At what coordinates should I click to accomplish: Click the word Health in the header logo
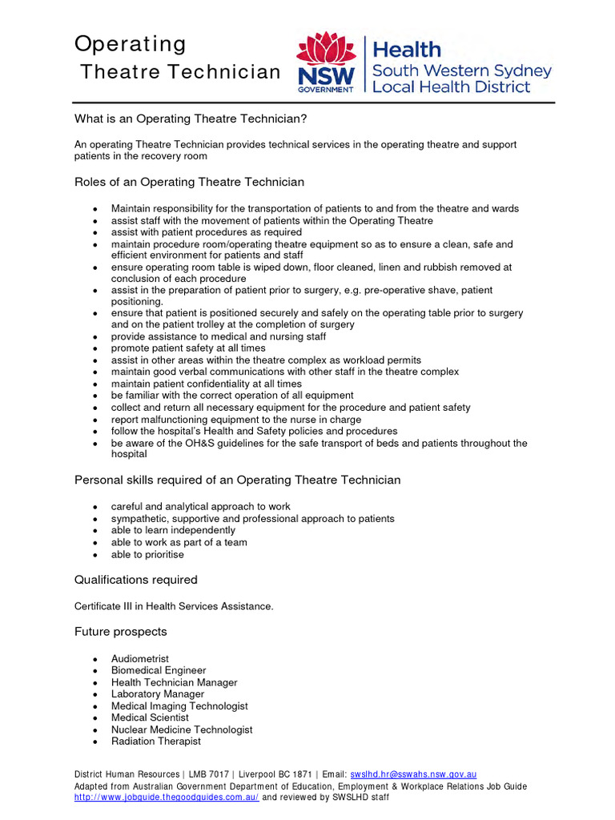[408, 50]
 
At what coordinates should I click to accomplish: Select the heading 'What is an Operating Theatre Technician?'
[191, 119]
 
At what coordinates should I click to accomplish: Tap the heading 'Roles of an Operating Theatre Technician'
[189, 182]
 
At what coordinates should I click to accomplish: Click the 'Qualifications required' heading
[135, 579]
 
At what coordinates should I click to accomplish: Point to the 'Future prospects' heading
[121, 631]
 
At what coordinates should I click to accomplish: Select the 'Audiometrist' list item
[140, 658]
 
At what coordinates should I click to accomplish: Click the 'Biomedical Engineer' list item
[159, 670]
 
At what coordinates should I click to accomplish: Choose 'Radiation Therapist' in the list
[156, 742]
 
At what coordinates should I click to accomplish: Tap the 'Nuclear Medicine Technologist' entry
[182, 730]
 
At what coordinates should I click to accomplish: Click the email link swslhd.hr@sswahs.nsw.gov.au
[413, 774]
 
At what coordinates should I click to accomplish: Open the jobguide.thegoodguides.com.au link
[167, 798]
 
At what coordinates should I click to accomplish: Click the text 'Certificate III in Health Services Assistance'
[174, 606]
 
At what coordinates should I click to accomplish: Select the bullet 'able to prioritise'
[147, 554]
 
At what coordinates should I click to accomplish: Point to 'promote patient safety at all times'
[188, 348]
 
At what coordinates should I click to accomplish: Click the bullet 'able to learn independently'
[173, 530]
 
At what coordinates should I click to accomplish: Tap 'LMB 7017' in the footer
[209, 774]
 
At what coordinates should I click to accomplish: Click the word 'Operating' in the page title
[130, 43]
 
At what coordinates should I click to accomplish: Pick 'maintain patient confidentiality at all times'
[207, 384]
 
